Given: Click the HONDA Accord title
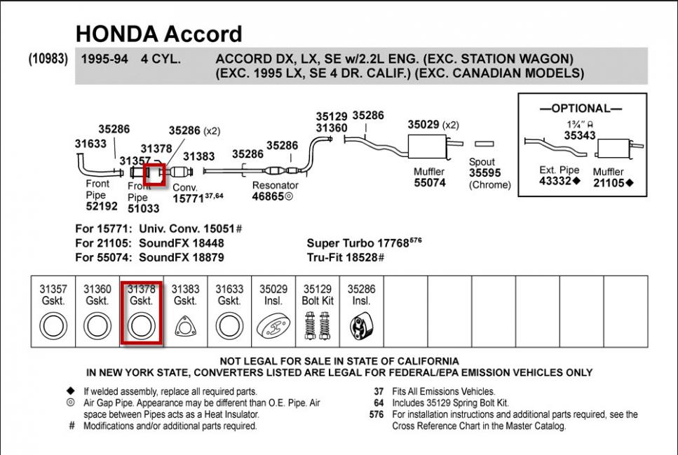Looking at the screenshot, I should point(158,34).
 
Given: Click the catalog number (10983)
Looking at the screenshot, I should point(48,59).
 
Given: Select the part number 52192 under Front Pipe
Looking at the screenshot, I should point(101,207).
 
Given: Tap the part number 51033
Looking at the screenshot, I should point(143,208).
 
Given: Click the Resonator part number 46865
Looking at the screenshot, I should point(269,197).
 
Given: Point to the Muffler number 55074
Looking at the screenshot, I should point(429,183).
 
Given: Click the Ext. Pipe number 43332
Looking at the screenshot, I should point(556,182).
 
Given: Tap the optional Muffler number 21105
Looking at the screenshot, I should point(609,183).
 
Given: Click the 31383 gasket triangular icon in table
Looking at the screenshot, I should point(185,328).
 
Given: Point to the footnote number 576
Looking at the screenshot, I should point(376,414).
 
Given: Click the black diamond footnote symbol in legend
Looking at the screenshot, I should point(70,391).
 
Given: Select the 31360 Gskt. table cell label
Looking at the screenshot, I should point(97,294).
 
